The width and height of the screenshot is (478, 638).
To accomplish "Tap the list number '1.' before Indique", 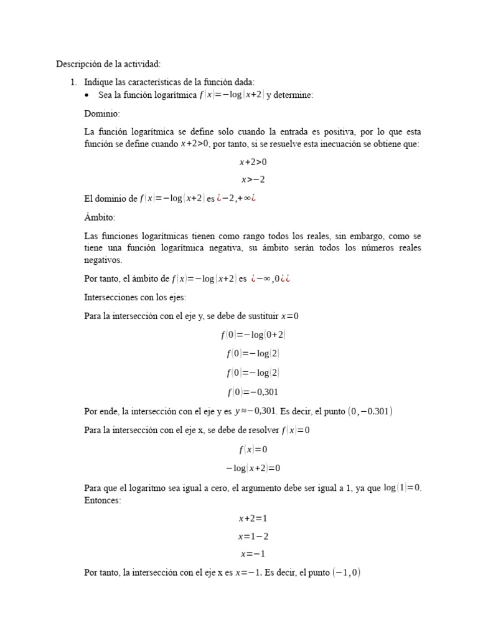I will point(73,82).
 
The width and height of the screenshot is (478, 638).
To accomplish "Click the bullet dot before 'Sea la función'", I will point(87,95).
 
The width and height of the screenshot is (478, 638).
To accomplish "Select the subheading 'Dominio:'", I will point(102,114).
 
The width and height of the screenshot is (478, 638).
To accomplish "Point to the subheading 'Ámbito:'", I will point(100,217).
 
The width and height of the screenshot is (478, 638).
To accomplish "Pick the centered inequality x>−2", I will point(253,180).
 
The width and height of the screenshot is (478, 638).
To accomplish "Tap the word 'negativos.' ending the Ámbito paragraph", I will point(103,260).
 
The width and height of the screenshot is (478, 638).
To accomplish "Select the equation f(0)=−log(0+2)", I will point(253,335).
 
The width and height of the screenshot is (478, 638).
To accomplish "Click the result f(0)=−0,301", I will point(253,392).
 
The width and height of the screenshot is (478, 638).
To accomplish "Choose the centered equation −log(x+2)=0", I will point(253,468).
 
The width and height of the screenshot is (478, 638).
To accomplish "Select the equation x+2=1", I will point(253,518).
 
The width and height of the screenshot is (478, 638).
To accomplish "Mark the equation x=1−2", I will point(253,536).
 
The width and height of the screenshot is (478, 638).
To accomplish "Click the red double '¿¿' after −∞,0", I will point(286,279).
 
